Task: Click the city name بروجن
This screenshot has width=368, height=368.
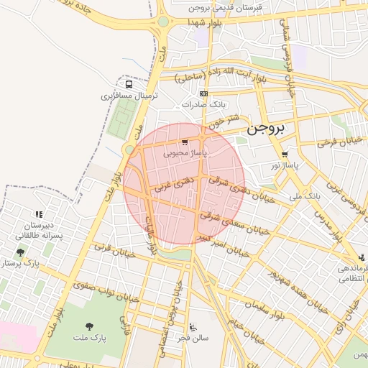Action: point(265,129)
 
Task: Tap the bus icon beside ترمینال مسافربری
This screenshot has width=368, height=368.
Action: point(129,83)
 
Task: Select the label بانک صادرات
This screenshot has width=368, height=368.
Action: point(199,104)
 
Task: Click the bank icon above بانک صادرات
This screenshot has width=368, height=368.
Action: point(204,93)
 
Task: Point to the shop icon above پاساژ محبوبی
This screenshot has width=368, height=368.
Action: point(185,142)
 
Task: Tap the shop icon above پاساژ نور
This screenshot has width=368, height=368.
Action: point(285,154)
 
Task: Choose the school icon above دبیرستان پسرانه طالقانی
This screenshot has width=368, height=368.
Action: point(39,214)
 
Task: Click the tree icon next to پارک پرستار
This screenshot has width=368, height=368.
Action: point(19,252)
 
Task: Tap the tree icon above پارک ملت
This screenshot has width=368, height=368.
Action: point(89,326)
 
